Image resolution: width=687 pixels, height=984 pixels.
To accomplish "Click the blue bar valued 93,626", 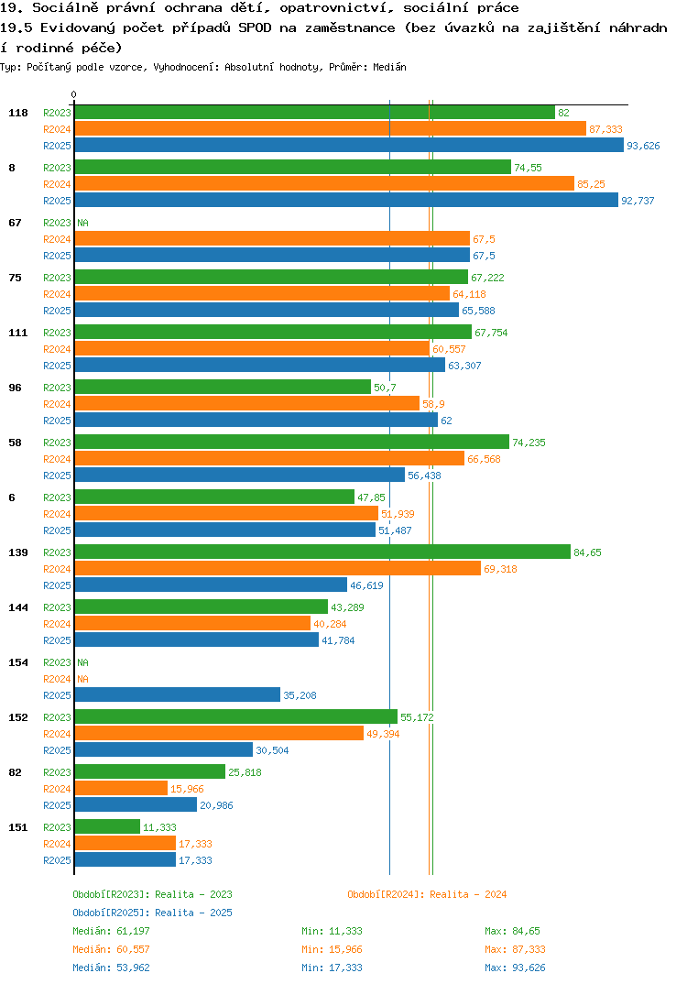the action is click(x=349, y=146).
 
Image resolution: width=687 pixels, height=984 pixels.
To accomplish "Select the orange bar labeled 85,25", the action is click(x=324, y=184).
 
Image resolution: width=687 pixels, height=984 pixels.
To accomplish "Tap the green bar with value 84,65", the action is click(x=322, y=552).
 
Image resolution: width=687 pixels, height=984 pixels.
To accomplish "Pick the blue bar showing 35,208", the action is click(x=178, y=695).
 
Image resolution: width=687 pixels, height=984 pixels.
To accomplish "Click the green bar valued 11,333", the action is click(x=107, y=827).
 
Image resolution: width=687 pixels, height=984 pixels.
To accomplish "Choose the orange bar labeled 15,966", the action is click(x=121, y=789).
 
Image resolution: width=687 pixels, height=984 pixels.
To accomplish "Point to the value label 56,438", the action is click(x=424, y=476).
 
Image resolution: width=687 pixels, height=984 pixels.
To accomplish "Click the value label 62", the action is click(x=446, y=421).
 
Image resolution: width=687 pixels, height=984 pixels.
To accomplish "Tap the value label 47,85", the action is click(x=371, y=497).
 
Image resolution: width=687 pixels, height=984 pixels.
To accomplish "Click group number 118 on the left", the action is click(x=18, y=113).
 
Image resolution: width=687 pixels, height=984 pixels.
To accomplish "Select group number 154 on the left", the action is click(x=18, y=662).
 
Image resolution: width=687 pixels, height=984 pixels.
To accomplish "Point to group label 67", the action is click(x=15, y=223).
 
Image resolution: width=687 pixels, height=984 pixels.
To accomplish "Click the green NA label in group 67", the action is click(x=82, y=223).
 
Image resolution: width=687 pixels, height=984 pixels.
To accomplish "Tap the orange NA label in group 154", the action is click(x=82, y=679).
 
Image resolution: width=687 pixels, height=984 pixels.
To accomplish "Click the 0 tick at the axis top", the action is click(x=73, y=94).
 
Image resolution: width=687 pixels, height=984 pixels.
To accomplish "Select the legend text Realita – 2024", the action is click(x=468, y=894).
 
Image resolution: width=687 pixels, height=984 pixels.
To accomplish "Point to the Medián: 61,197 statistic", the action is click(x=111, y=931).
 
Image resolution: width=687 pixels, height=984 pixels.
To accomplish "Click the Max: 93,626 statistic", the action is click(x=515, y=968).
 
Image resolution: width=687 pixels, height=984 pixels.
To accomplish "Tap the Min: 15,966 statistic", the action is click(x=332, y=949).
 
